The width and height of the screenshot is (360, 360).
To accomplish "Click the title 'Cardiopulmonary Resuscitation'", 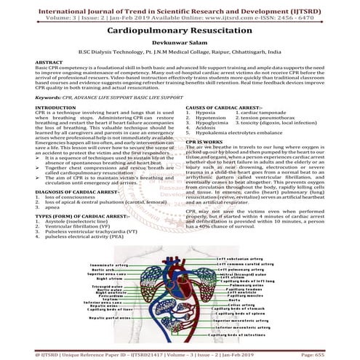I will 180,33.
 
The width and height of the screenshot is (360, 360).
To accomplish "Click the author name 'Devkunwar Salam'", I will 180,45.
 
